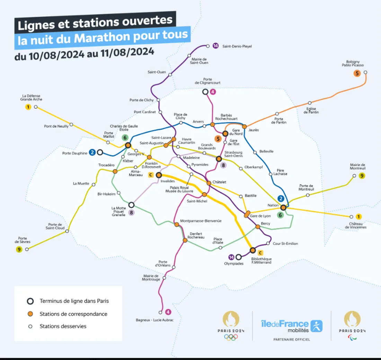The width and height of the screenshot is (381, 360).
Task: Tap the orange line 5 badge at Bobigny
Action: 356,73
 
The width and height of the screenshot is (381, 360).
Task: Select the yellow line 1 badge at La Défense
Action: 28,107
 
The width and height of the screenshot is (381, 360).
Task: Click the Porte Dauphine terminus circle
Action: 100,152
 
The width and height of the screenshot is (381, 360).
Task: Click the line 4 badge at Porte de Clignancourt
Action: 213,92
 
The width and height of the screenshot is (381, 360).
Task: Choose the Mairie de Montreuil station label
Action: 358,166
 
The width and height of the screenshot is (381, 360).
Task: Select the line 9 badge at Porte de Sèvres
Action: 19,249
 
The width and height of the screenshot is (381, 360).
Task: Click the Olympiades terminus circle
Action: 238,257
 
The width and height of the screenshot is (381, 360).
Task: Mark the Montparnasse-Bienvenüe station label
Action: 201,221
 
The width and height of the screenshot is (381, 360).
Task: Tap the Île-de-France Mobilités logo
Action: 292,326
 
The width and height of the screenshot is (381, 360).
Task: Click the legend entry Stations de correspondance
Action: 73,314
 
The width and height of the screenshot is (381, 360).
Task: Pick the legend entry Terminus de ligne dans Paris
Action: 74,301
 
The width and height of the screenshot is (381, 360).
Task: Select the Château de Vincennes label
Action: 355,225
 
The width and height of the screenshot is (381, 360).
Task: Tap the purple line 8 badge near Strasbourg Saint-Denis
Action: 223,165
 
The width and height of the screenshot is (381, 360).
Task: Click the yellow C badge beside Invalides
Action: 151,175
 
